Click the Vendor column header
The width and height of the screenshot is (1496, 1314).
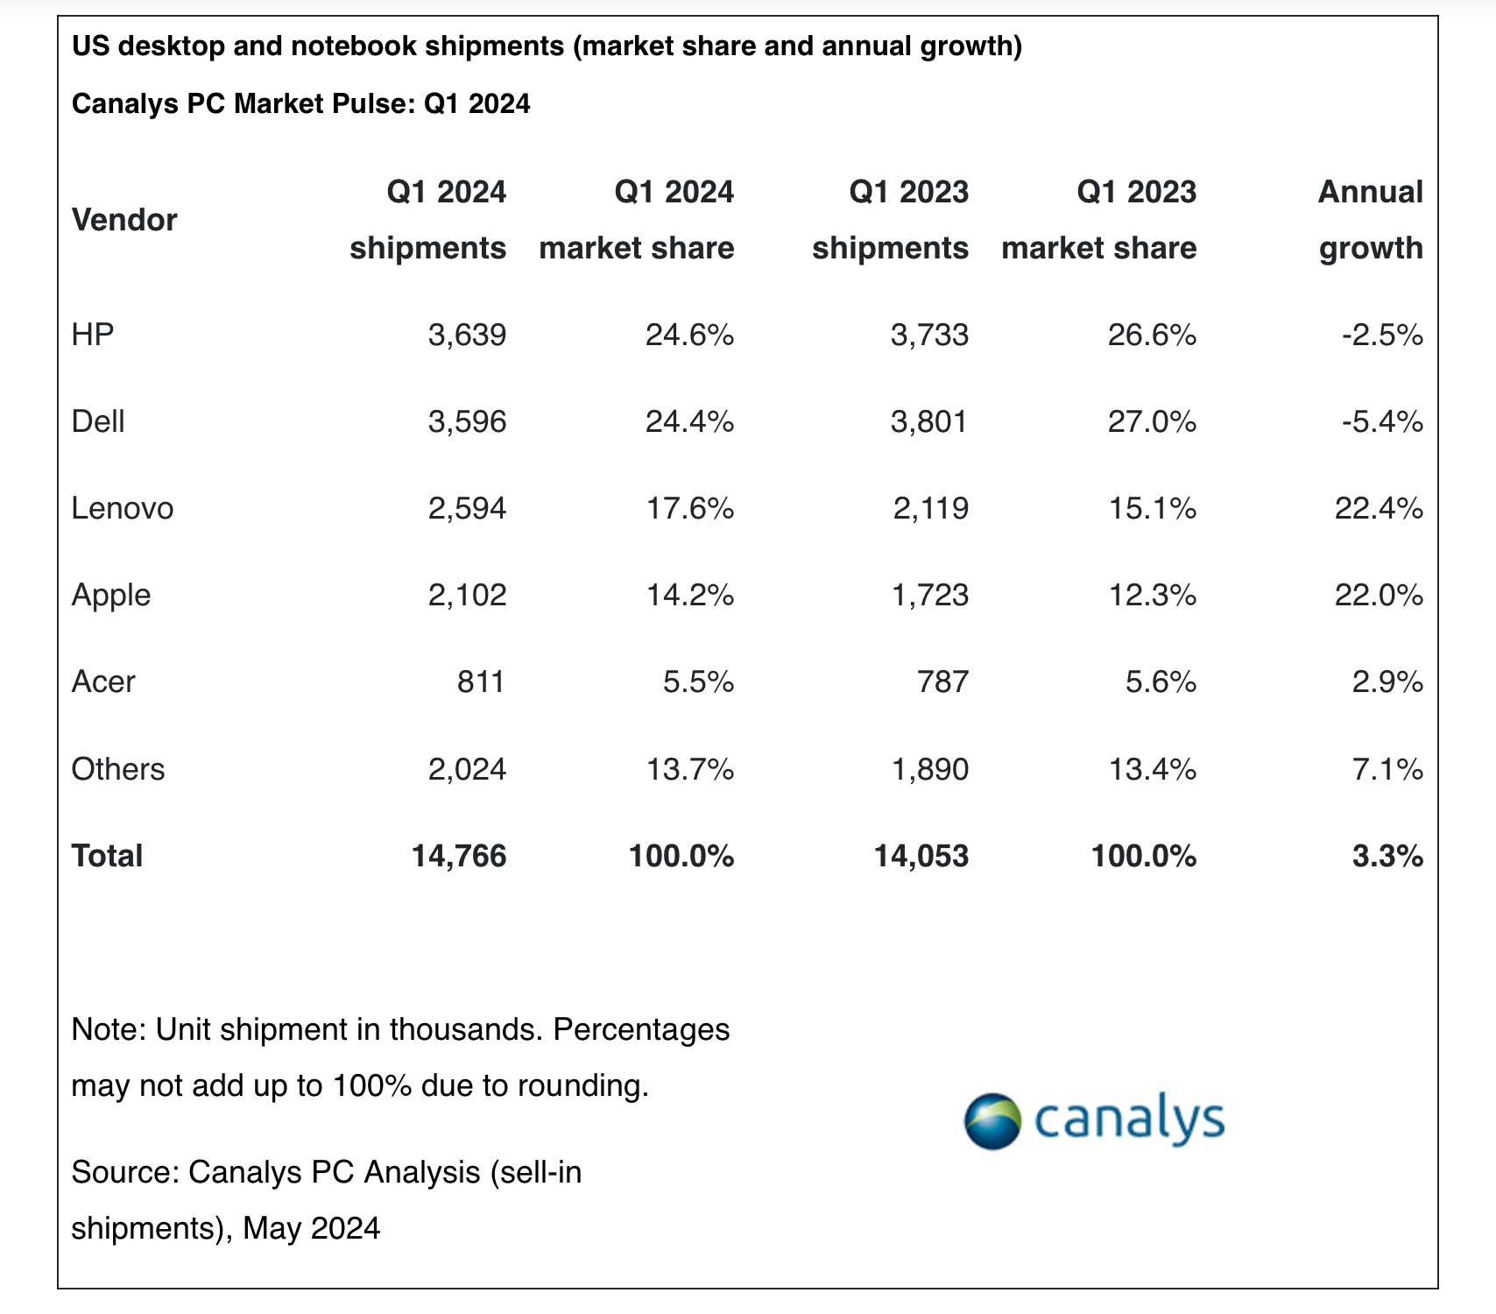124,220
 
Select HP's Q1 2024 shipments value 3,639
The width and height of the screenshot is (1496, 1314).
467,335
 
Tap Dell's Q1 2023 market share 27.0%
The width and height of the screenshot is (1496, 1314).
1152,421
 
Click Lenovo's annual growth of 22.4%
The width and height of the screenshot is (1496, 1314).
1378,508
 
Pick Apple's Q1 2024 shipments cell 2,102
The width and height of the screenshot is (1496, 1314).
467,595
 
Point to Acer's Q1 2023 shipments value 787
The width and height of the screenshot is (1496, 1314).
942,682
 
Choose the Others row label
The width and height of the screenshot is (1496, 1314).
118,769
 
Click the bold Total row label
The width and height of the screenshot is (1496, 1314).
107,856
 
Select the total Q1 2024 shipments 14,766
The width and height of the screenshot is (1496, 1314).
459,856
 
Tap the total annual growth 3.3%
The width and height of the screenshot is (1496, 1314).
1387,856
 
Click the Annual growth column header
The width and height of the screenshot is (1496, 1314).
1371,220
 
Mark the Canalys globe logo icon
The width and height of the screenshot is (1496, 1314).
992,1121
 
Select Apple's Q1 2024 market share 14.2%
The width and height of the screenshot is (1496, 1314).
689,595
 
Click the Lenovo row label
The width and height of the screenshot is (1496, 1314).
123,508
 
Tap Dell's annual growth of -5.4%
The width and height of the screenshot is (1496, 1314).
1382,421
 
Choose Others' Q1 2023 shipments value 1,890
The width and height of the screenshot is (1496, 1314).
929,769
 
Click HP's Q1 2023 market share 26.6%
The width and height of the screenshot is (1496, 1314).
1152,335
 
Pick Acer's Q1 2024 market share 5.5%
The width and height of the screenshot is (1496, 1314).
698,682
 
